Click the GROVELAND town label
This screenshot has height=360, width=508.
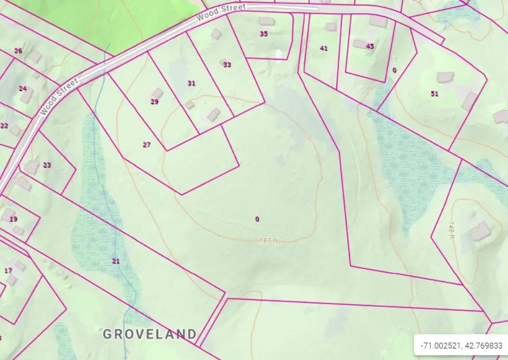click(x=150, y=334)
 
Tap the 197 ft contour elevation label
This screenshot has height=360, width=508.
click(x=268, y=241)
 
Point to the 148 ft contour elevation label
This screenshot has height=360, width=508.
click(x=451, y=229)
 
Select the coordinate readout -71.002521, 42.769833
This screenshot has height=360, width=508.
click(x=461, y=346)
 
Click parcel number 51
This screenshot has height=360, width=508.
click(x=434, y=94)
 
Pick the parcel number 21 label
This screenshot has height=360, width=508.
click(x=116, y=261)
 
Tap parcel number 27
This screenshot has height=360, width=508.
click(x=147, y=145)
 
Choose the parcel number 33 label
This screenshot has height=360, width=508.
click(x=227, y=65)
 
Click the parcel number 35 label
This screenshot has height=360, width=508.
click(x=264, y=34)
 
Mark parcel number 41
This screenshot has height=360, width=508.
click(x=324, y=48)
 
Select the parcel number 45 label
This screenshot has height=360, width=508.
click(x=370, y=46)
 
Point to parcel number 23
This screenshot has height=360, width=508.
click(x=47, y=165)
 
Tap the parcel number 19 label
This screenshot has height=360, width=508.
click(x=14, y=219)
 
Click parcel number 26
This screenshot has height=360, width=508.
click(x=18, y=51)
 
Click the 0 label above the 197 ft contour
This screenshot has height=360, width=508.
click(x=257, y=219)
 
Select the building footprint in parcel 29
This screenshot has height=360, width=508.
click(x=157, y=93)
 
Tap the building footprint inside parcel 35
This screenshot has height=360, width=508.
click(x=267, y=22)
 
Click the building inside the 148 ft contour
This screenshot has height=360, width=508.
click(x=480, y=231)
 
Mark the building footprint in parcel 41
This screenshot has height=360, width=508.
click(x=331, y=26)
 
